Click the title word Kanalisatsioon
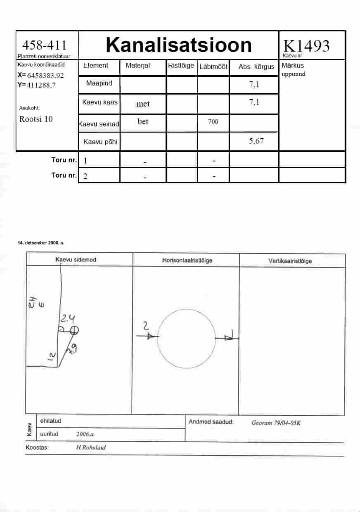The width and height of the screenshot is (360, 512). click(x=179, y=45)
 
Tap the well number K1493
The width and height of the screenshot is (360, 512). click(x=306, y=46)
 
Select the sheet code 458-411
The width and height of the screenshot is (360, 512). click(x=45, y=45)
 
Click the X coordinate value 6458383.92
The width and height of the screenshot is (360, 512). click(x=45, y=76)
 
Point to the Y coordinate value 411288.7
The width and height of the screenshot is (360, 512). click(x=41, y=85)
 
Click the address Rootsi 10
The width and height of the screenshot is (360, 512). click(x=36, y=119)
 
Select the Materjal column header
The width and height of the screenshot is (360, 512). click(x=137, y=66)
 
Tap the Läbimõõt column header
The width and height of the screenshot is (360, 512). click(x=213, y=67)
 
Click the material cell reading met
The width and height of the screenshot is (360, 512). click(x=143, y=104)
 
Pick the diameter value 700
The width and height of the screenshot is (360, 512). click(x=213, y=121)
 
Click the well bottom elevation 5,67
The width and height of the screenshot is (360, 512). click(x=256, y=141)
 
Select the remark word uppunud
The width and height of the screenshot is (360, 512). click(x=293, y=74)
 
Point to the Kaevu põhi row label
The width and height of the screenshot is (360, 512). click(x=100, y=142)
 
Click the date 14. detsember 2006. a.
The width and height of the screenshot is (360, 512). click(x=41, y=243)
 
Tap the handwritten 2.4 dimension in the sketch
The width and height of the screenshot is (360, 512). click(x=68, y=318)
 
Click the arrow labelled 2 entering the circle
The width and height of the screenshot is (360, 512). click(x=147, y=336)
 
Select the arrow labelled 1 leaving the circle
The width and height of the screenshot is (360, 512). click(x=227, y=338)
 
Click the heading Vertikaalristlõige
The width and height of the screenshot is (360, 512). click(x=290, y=261)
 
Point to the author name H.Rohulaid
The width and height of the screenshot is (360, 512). click(x=91, y=447)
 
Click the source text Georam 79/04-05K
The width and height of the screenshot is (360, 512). click(x=276, y=423)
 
